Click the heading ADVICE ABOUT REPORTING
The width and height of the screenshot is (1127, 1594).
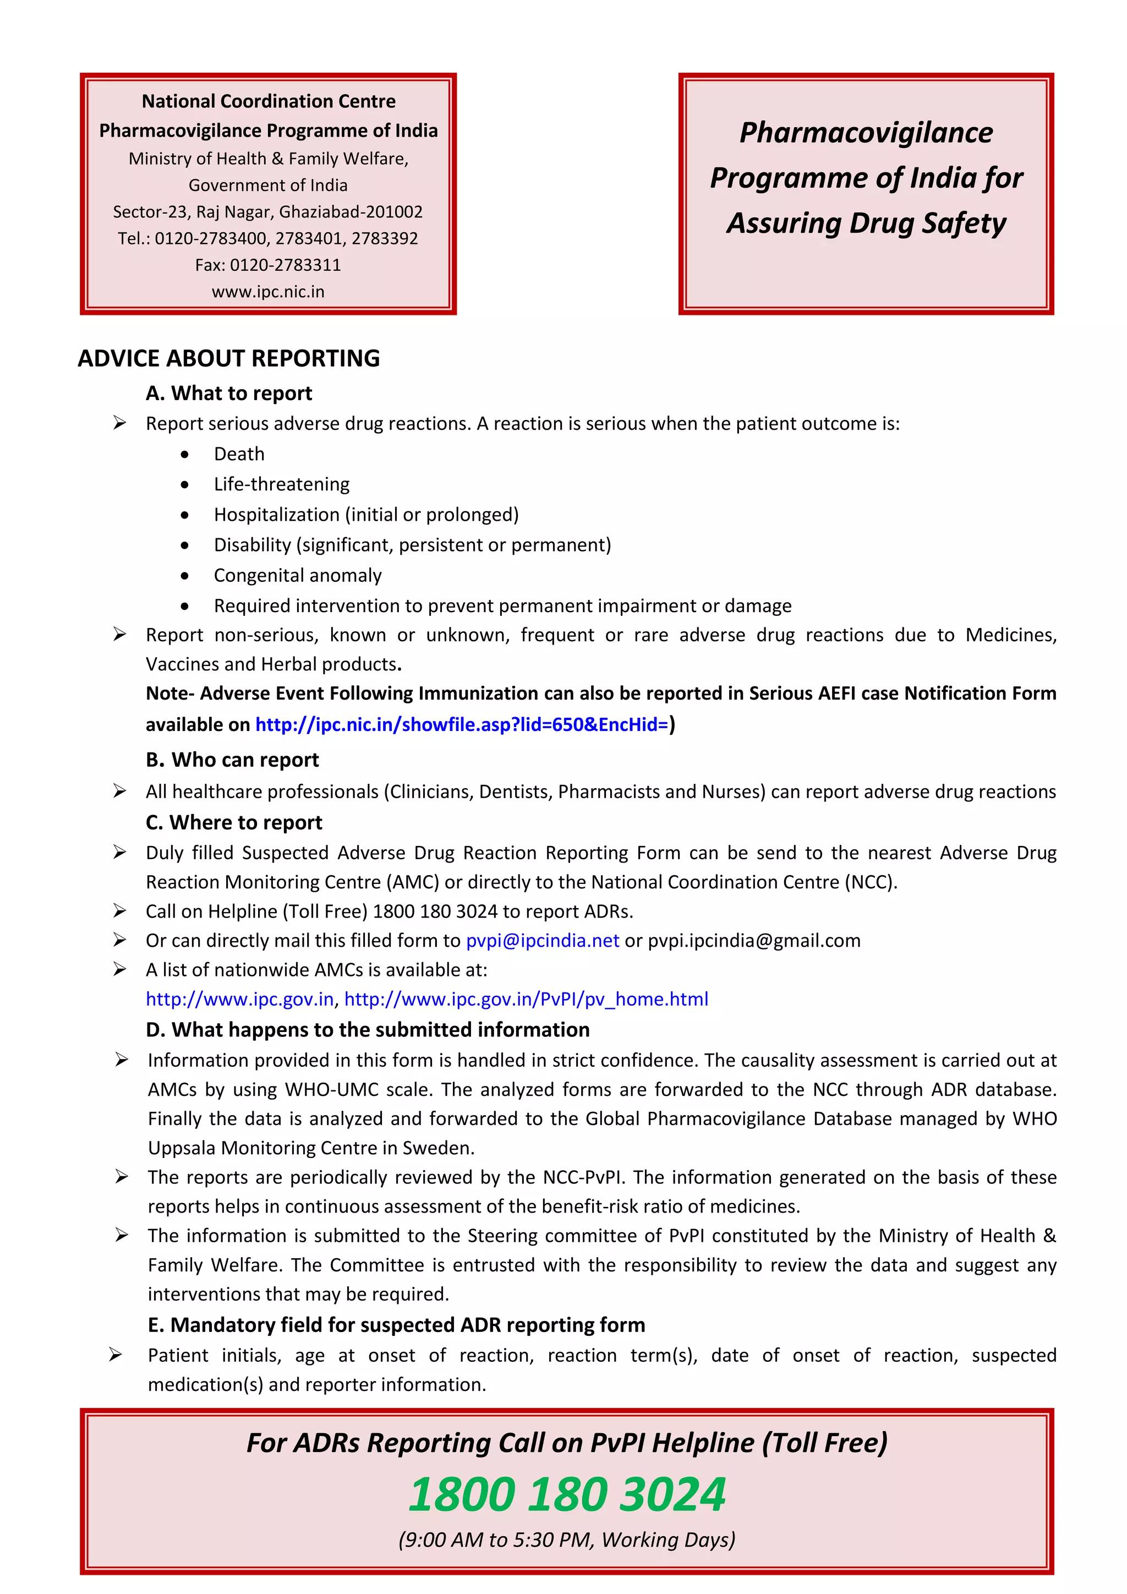pyautogui.click(x=228, y=358)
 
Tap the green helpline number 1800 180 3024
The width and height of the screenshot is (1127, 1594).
pyautogui.click(x=566, y=1494)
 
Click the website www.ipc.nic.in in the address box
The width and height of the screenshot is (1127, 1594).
pyautogui.click(x=268, y=292)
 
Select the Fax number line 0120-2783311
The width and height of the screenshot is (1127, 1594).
pyautogui.click(x=268, y=265)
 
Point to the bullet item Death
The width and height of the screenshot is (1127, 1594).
pyautogui.click(x=239, y=454)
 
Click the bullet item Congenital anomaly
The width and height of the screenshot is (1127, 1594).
pyautogui.click(x=297, y=576)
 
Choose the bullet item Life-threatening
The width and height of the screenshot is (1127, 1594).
pyautogui.click(x=281, y=484)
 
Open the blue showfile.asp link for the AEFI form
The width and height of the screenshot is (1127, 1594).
pyautogui.click(x=462, y=725)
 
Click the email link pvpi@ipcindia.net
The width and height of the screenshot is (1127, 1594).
pyautogui.click(x=542, y=941)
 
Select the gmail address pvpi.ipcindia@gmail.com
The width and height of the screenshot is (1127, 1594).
pyautogui.click(x=754, y=941)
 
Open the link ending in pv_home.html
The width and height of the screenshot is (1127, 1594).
pyautogui.click(x=526, y=999)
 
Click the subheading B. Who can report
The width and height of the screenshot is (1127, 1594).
pyautogui.click(x=232, y=760)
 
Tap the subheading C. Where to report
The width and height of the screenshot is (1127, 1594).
pyautogui.click(x=234, y=823)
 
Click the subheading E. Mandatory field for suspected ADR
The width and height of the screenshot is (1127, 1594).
pyautogui.click(x=396, y=1325)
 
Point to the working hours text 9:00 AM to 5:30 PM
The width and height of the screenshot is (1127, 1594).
pyautogui.click(x=566, y=1540)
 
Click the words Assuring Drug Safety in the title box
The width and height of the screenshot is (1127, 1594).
pyautogui.click(x=866, y=223)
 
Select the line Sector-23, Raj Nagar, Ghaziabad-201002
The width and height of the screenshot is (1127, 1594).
pyautogui.click(x=268, y=212)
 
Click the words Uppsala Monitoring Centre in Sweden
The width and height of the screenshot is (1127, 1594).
pyautogui.click(x=311, y=1148)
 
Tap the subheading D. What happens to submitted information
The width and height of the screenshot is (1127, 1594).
pyautogui.click(x=368, y=1030)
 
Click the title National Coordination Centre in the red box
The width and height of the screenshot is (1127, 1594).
pyautogui.click(x=268, y=101)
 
